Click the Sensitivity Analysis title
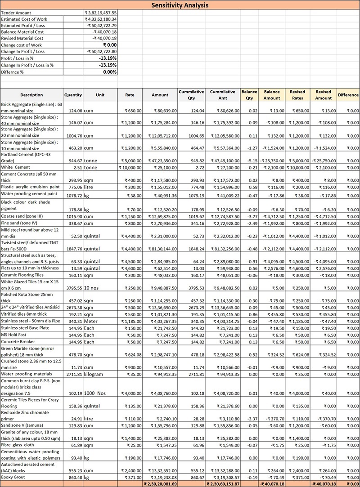click(180, 5)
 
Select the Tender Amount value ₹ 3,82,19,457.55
click(101, 13)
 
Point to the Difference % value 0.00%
click(110, 72)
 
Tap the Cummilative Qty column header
click(191, 95)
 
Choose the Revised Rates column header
click(297, 95)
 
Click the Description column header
click(31, 95)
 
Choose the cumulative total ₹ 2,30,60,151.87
click(223, 484)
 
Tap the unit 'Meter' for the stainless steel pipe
click(93, 322)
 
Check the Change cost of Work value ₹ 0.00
click(110, 45)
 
